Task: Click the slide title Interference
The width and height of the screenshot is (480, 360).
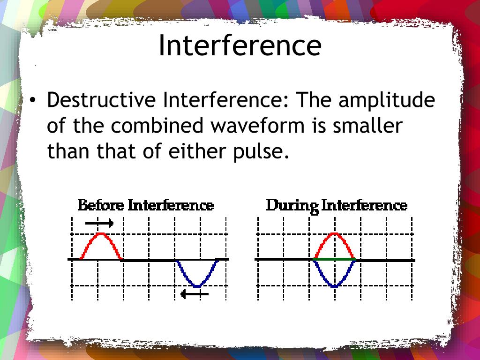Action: point(240,45)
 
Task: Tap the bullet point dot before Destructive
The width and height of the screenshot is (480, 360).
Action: point(32,100)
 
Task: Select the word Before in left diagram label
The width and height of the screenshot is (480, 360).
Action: point(100,205)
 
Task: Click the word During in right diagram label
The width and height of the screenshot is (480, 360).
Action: point(292,205)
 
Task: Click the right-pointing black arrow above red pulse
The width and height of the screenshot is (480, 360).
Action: point(99,223)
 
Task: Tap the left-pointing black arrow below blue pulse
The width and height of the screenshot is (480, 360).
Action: point(194,294)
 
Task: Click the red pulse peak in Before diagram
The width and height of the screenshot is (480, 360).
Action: point(101,234)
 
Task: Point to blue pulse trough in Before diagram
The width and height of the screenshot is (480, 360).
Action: point(197,285)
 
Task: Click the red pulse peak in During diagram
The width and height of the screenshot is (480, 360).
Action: point(334,234)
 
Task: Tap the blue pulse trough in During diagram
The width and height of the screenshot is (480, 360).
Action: point(334,285)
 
